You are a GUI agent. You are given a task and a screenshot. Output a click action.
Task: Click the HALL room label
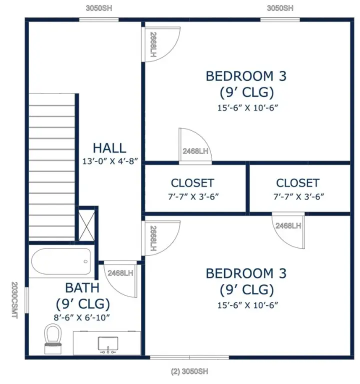[x=109, y=148]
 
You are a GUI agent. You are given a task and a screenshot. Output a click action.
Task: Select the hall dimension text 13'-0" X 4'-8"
[x=109, y=161]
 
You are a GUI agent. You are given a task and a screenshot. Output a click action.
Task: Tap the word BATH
[x=82, y=288]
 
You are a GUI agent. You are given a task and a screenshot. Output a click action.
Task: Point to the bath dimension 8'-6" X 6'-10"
[x=82, y=317]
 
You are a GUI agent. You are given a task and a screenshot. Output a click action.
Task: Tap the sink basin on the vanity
[x=107, y=343]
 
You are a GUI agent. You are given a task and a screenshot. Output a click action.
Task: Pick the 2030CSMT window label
[x=14, y=300]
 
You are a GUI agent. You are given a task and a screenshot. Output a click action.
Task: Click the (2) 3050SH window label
[x=189, y=371]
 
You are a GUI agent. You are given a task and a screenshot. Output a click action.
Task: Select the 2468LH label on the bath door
[x=120, y=273]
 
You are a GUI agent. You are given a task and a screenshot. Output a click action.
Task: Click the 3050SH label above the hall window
[x=99, y=8]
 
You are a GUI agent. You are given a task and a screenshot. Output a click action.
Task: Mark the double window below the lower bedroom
[x=189, y=357]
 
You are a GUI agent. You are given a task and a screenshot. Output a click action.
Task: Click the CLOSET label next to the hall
[x=192, y=183]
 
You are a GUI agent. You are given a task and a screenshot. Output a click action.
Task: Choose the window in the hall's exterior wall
[x=99, y=19]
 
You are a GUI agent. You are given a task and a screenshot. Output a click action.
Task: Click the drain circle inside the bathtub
[x=86, y=261]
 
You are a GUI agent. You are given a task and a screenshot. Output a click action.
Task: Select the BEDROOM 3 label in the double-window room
[x=246, y=273]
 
